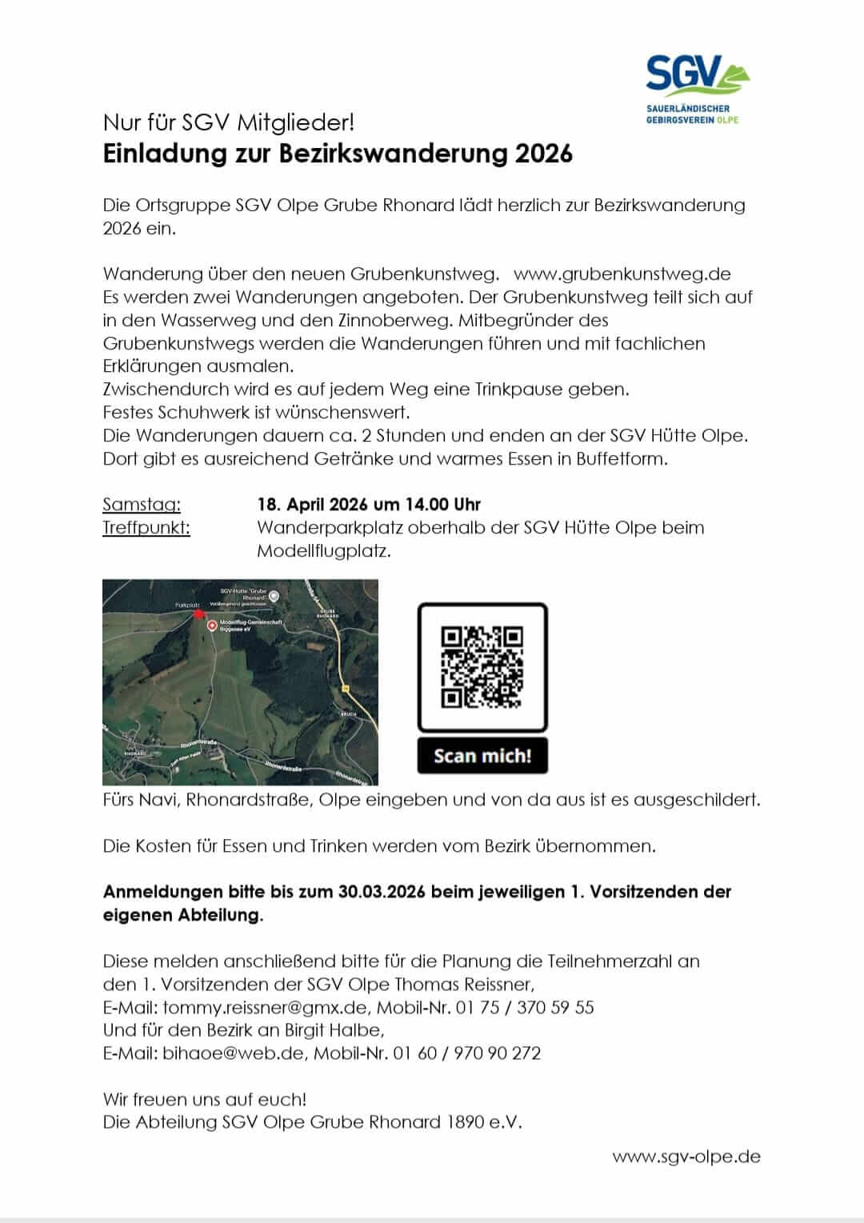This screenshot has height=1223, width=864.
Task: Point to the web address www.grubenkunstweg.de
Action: pos(622,274)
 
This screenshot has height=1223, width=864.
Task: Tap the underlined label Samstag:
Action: pos(142,505)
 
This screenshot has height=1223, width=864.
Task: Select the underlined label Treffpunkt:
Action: pos(146,528)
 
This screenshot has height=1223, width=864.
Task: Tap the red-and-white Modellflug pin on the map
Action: pos(211,625)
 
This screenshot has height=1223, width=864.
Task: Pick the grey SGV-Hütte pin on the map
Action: pos(274,596)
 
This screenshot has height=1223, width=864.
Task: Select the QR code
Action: pos(482,667)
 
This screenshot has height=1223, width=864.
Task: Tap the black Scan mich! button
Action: pos(482,756)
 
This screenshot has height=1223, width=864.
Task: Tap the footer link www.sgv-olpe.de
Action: pos(686,1157)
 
